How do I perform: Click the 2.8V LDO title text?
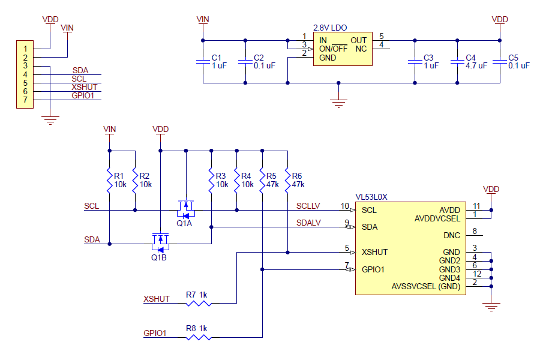330,28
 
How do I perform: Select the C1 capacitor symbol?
203,62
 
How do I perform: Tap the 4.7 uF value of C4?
476,66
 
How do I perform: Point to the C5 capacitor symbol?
500,62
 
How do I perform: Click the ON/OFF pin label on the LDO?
333,49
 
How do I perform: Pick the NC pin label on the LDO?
361,49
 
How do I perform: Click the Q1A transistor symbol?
186,209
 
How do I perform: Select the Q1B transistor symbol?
160,243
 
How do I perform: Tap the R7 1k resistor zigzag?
199,304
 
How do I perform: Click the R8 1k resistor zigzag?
199,337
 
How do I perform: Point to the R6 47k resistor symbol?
287,181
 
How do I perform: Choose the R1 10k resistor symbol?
110,181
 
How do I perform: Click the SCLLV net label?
308,206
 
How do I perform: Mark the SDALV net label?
308,223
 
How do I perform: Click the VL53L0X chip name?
371,197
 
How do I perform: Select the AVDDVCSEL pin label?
437,219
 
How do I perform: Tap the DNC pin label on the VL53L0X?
452,235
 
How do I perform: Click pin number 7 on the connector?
25,100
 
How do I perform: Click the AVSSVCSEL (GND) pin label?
426,287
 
